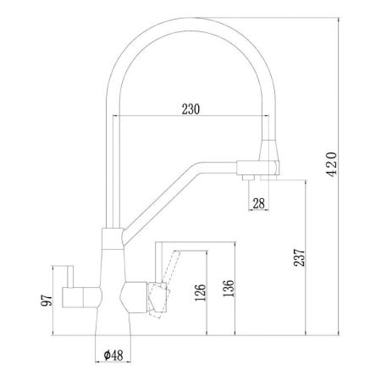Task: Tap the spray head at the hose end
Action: tap(268, 159)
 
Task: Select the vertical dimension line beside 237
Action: tap(312, 254)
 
